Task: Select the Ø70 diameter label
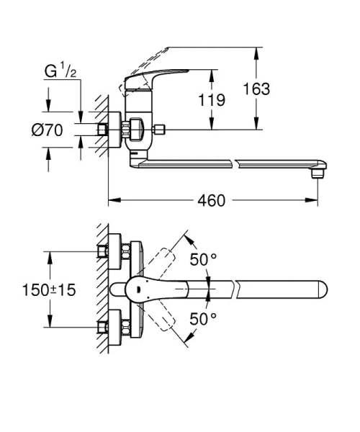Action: (x=48, y=130)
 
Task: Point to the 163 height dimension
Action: (x=256, y=89)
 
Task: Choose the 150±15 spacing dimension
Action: (x=48, y=289)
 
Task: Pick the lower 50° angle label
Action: (x=203, y=318)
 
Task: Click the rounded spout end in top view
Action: (x=320, y=289)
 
